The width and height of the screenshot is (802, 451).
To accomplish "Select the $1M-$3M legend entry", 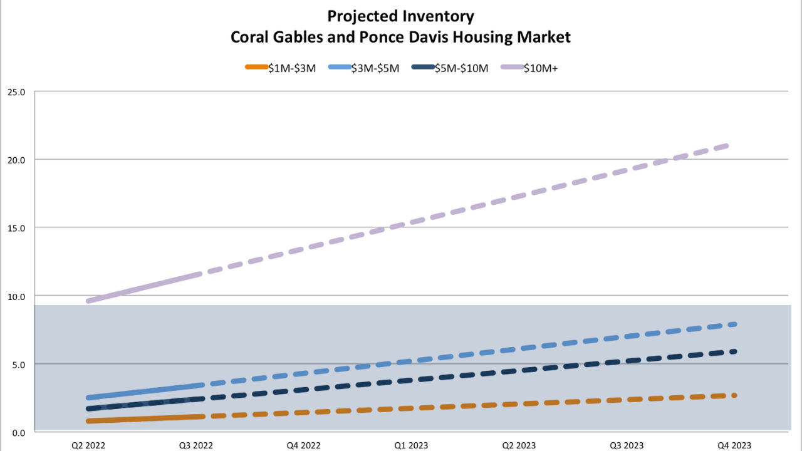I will (280, 68).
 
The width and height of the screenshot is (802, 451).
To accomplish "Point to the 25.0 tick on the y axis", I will (16, 92).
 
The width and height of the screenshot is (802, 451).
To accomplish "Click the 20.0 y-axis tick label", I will (16, 160).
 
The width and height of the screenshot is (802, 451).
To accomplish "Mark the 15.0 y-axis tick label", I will (16, 228).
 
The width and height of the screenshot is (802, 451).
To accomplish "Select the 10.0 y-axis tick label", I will (16, 296).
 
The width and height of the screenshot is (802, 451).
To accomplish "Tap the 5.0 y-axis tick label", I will (18, 365).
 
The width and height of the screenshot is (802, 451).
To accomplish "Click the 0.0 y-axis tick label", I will (18, 433).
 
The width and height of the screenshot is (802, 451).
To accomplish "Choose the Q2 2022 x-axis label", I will (88, 445).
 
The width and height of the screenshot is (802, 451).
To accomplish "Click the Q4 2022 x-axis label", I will (303, 445).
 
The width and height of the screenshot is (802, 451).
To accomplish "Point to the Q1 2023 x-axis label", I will (411, 445).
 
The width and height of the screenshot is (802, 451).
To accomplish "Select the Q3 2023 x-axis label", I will (626, 445).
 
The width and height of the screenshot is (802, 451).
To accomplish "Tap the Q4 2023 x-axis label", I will (734, 445).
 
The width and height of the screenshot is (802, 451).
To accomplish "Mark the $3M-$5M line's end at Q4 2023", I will (733, 324).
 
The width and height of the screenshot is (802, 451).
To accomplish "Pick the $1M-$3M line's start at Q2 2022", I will (90, 421).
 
